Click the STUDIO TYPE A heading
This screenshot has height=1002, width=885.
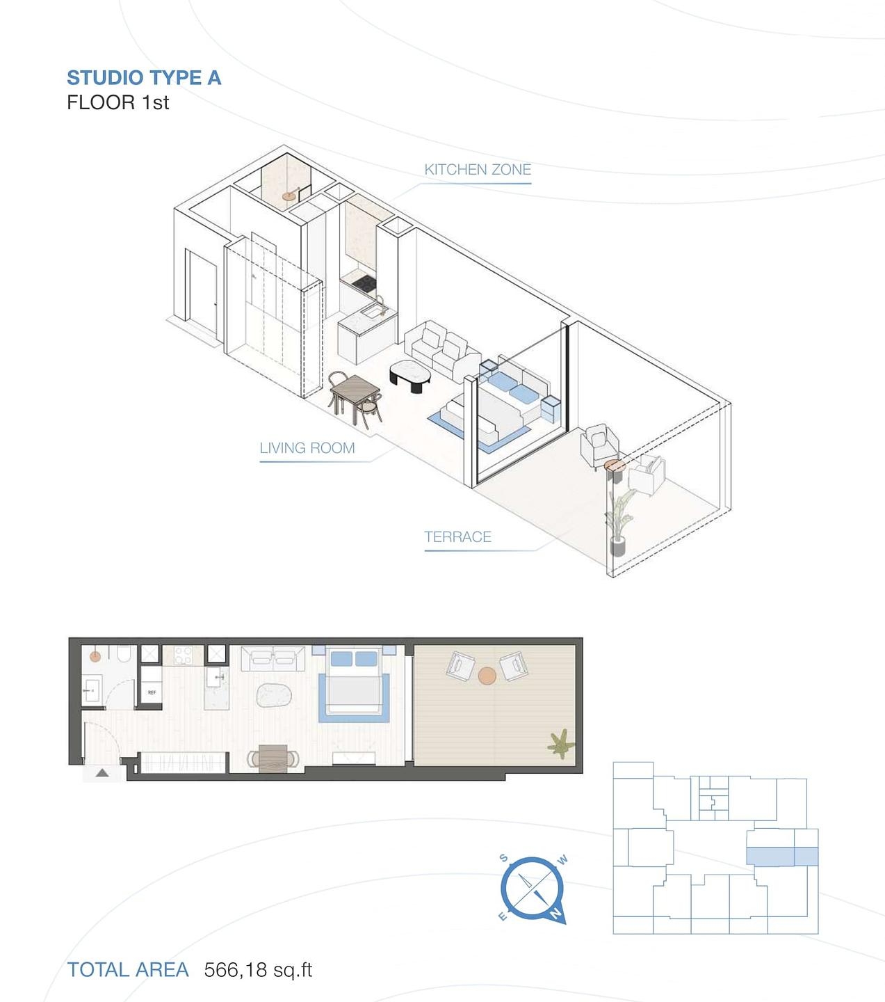[x=144, y=78]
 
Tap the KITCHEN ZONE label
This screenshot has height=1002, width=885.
[x=478, y=170]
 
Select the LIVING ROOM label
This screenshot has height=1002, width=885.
[x=307, y=448]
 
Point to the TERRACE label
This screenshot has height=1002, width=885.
[x=457, y=536]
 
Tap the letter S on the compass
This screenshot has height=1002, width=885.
[x=503, y=857]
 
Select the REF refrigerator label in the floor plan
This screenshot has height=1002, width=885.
[x=152, y=692]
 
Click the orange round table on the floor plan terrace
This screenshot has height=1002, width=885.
[x=487, y=676]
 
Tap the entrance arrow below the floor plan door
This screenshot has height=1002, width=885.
[x=102, y=772]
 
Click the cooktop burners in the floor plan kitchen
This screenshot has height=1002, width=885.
[x=184, y=655]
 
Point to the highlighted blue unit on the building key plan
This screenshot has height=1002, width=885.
[x=781, y=857]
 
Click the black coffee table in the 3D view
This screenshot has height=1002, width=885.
[x=409, y=376]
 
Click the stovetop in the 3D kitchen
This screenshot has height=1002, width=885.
[x=364, y=283]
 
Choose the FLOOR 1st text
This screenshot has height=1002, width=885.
[x=117, y=103]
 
